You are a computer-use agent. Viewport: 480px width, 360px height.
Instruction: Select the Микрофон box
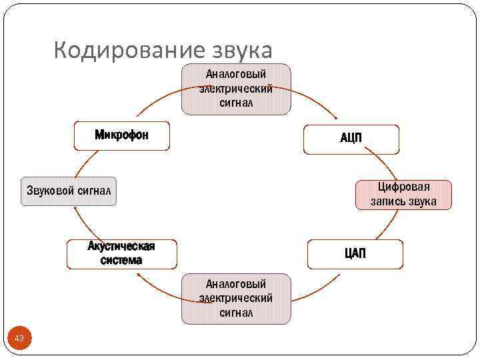click(x=121, y=136)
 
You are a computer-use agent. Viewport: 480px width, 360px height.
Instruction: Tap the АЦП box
click(x=351, y=139)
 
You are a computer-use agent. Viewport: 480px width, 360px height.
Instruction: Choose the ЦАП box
click(x=355, y=254)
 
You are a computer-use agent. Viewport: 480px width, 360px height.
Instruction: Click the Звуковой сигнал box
click(x=68, y=191)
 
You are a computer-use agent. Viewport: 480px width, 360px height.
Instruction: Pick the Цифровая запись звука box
click(x=404, y=195)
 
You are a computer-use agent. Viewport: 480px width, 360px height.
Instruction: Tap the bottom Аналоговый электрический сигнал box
click(x=236, y=298)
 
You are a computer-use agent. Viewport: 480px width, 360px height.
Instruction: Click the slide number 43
click(x=19, y=339)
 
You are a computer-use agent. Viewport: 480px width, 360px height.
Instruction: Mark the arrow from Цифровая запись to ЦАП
click(x=386, y=223)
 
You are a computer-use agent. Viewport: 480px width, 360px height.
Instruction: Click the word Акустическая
click(x=121, y=246)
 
